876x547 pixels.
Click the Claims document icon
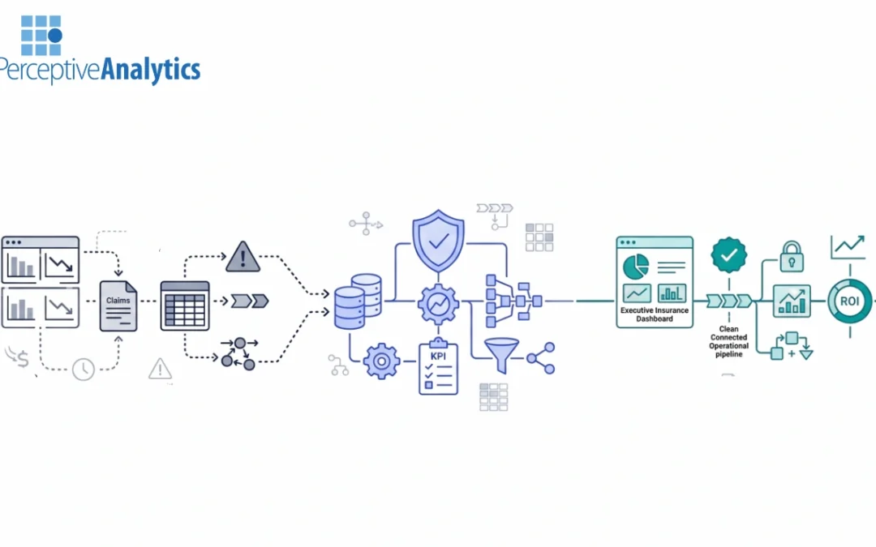(118, 306)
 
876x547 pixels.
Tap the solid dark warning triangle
(243, 258)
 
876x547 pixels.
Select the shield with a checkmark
(439, 241)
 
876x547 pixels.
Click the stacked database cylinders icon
(358, 301)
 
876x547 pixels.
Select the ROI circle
(850, 301)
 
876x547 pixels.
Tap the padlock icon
(792, 257)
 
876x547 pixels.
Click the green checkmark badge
(729, 255)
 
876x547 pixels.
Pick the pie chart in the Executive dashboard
(636, 267)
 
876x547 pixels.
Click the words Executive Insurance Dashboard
(655, 314)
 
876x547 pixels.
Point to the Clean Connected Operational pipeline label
(728, 342)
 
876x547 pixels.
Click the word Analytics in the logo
(150, 70)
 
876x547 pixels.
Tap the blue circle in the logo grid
(55, 36)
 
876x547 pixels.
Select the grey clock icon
(84, 370)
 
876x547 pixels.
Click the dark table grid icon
(185, 306)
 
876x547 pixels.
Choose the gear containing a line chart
(439, 304)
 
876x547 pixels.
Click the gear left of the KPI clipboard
(381, 361)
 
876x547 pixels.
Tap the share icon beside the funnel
(541, 358)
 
